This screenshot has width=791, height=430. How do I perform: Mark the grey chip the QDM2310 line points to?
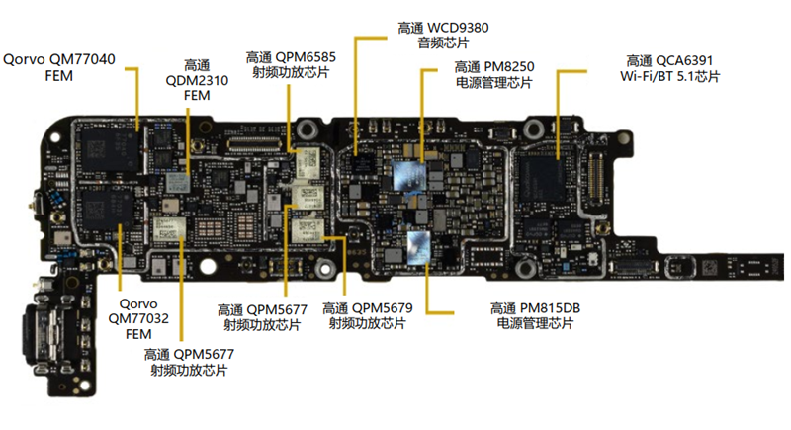[179, 181]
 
